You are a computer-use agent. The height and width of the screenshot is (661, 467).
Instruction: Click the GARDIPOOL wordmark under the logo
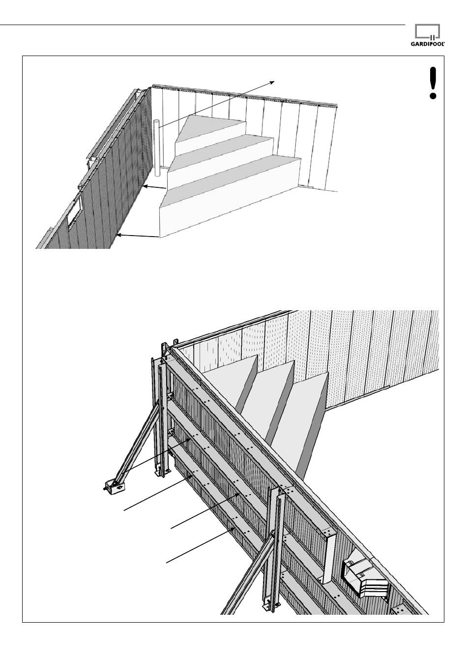click(x=428, y=44)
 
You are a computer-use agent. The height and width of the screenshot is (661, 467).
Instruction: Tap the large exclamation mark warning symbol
click(x=433, y=83)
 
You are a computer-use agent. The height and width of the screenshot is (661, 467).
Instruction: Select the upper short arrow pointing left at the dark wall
click(x=154, y=187)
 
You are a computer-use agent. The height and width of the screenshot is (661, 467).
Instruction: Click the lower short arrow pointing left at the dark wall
click(x=138, y=236)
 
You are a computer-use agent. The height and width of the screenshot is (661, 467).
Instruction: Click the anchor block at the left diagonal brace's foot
click(x=116, y=486)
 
